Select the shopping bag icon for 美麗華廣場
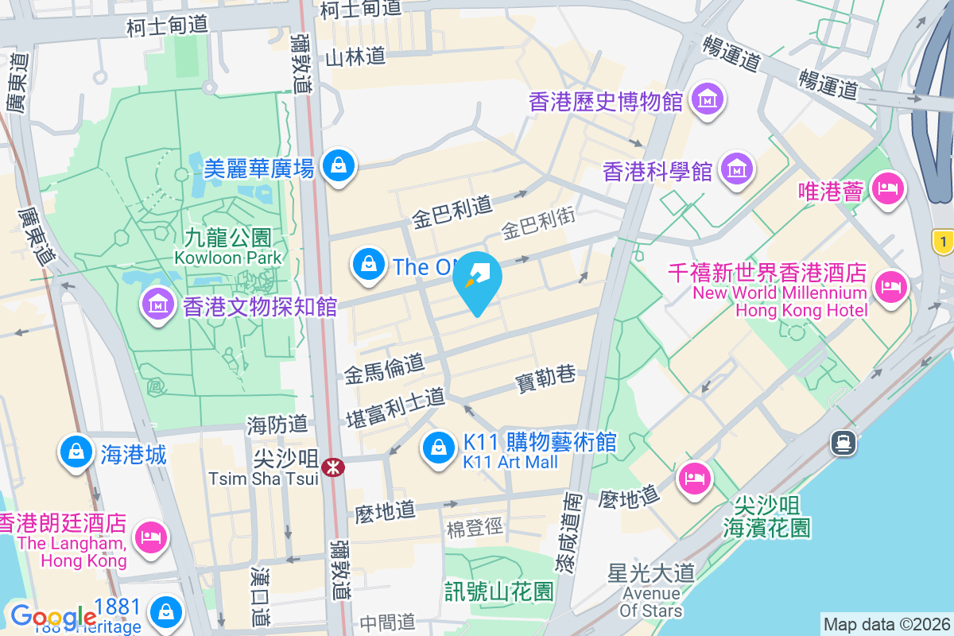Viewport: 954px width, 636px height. point(339,165)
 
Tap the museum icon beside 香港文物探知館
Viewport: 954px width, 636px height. point(158,304)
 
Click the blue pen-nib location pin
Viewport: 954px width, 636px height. point(477,281)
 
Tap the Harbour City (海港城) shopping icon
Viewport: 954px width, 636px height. point(76,452)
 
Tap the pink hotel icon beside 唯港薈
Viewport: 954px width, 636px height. point(886,188)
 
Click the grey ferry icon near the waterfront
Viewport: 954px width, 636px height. point(843,442)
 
